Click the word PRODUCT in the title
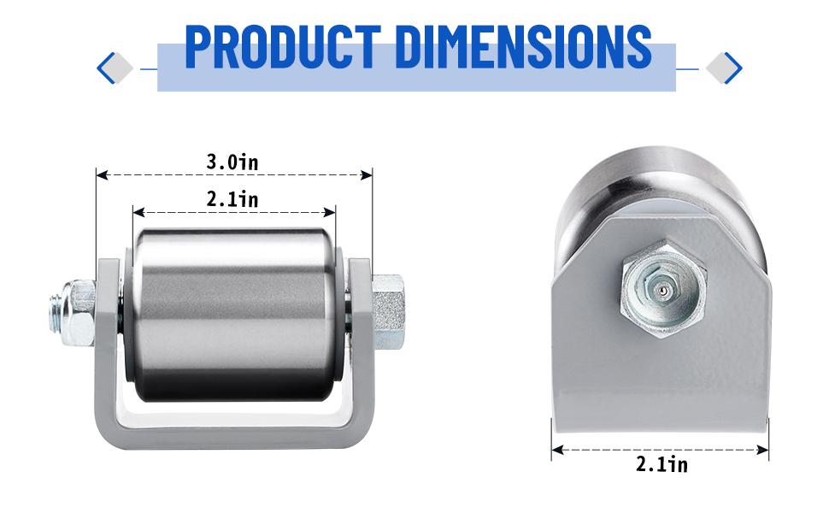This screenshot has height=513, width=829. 283,46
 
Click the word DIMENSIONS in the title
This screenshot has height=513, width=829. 523,46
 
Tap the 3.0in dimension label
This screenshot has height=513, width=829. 232,162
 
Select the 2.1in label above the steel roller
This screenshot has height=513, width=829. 232,199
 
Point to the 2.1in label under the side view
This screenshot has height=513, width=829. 662,464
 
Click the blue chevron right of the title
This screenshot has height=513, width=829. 733,68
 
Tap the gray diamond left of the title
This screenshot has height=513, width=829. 120,68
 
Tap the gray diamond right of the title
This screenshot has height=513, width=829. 720,68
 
